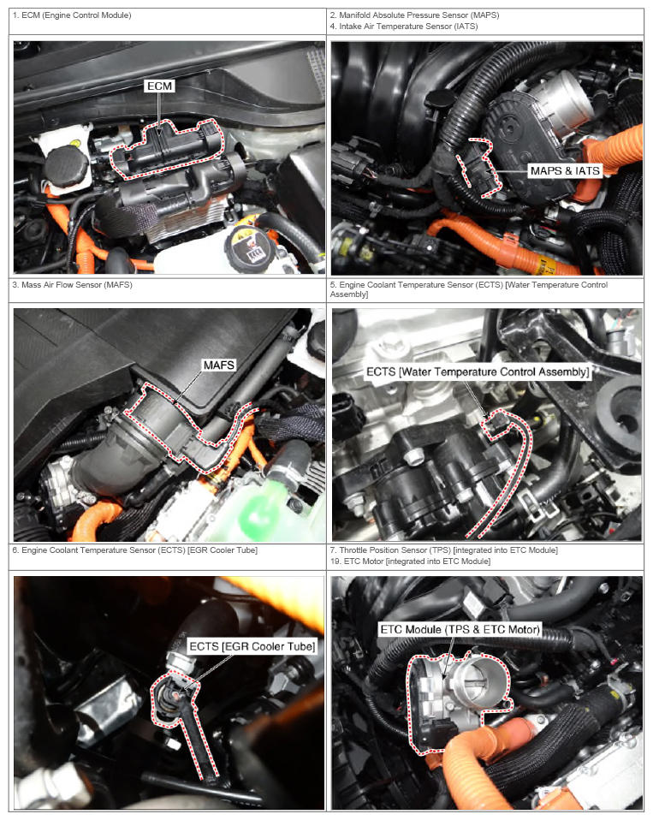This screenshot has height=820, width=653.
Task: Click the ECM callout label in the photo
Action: tap(159, 86)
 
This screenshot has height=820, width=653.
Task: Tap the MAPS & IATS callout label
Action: tap(565, 171)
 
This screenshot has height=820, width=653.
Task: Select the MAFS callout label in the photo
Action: tap(218, 365)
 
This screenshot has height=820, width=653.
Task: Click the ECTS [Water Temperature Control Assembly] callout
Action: tap(478, 371)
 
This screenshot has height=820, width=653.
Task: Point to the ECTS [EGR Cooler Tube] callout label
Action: tap(252, 646)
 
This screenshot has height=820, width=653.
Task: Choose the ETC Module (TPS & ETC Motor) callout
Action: tap(460, 629)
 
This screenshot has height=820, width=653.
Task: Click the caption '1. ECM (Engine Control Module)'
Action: tap(72, 15)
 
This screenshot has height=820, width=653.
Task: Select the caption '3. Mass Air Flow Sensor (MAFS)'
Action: tap(72, 284)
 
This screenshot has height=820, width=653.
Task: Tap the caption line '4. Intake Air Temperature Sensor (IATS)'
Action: tap(404, 27)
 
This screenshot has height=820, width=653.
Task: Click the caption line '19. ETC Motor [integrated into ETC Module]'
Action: tap(410, 562)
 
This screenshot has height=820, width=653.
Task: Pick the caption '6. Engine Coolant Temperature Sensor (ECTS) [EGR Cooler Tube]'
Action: tap(135, 550)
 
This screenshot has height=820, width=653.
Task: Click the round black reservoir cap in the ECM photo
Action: tap(65, 163)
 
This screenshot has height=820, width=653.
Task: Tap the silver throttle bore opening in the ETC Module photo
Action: tap(480, 680)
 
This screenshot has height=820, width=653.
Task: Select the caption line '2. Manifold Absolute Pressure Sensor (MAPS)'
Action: tap(414, 15)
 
